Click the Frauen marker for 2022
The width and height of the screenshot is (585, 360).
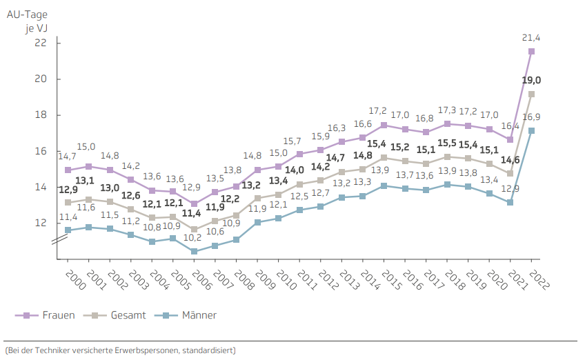[531, 51]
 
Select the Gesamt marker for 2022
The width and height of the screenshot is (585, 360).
[531, 94]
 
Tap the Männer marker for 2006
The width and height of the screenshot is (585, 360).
[195, 252]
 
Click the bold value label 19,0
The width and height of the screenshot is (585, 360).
[531, 80]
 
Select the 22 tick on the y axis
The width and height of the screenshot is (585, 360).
[40, 43]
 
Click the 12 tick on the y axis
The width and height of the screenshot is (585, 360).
[40, 223]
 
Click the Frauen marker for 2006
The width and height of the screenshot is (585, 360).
[195, 204]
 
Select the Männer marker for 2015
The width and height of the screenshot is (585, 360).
[384, 186]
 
